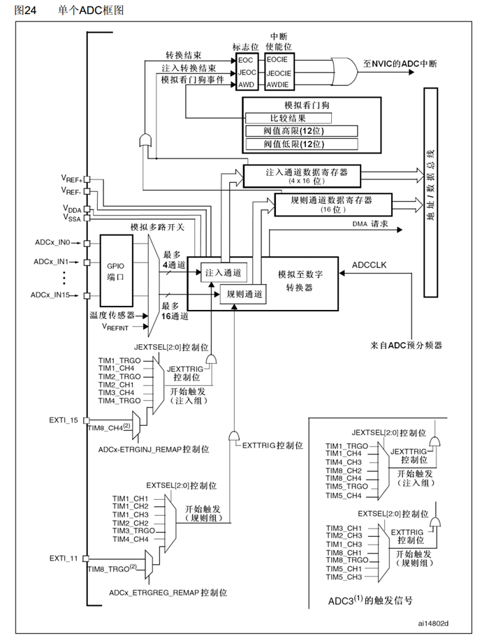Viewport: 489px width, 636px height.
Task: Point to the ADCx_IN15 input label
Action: pos(51,295)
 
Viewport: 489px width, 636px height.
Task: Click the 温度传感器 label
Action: pos(112,315)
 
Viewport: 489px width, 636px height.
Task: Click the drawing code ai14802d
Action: pos(433,622)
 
